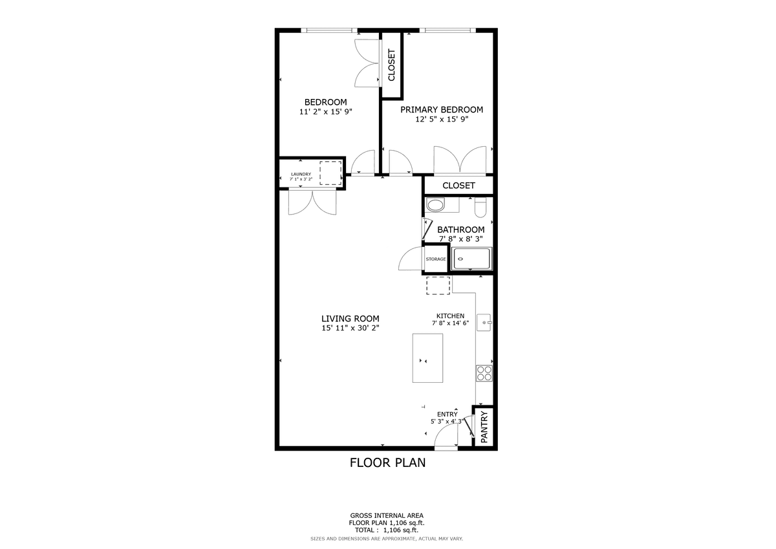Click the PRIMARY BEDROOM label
coord(442,109)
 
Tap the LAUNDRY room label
coord(301,174)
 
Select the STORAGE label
coord(436,259)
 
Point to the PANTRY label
coord(484,427)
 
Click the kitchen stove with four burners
coord(484,373)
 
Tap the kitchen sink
coord(484,323)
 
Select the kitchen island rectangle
coord(427,358)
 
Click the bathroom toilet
coord(480,207)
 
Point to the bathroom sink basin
coord(435,205)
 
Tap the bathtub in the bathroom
coord(472,259)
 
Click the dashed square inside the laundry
coord(330,173)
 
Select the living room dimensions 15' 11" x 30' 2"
coord(350,328)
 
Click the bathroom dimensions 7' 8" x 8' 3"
coord(460,239)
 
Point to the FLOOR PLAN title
coord(387,463)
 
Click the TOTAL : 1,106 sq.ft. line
coord(387,530)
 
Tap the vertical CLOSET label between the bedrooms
coord(391,65)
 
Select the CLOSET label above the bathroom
coord(458,186)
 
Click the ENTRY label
coord(447,414)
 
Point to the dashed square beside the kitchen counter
coord(438,286)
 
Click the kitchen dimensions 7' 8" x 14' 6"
coord(450,323)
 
